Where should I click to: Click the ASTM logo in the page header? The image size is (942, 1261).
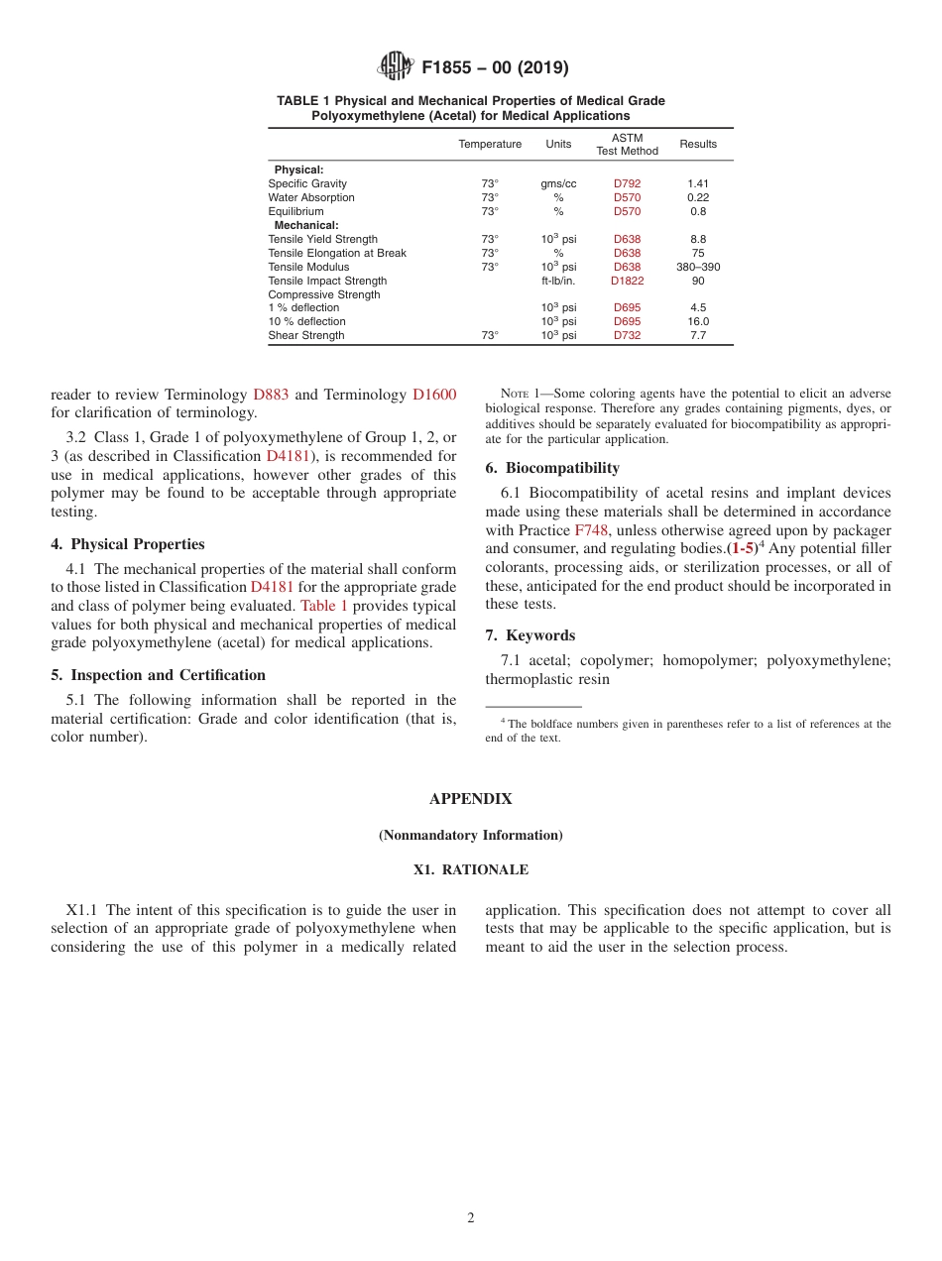click(x=397, y=67)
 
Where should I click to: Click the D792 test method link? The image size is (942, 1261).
click(x=627, y=183)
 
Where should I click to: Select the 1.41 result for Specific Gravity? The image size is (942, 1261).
click(x=697, y=183)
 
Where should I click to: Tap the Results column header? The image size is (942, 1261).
click(x=697, y=144)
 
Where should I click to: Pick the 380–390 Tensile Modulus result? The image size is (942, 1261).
click(x=697, y=267)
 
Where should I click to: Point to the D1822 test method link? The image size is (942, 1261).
click(x=627, y=281)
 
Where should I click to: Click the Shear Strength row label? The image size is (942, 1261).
click(x=306, y=335)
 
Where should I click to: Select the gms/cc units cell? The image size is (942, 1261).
click(x=558, y=183)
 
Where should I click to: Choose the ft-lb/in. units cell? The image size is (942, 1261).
click(x=558, y=281)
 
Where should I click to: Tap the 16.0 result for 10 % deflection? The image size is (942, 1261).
click(x=697, y=321)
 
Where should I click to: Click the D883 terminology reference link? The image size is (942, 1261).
click(x=271, y=395)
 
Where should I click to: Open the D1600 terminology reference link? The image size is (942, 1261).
click(x=433, y=395)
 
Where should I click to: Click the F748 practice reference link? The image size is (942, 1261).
click(x=590, y=530)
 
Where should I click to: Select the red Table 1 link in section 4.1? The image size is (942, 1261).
click(x=323, y=606)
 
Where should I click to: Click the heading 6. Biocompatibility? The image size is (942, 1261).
click(x=552, y=468)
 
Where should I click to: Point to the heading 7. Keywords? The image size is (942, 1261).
click(x=530, y=635)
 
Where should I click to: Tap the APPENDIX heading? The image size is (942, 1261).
click(x=470, y=799)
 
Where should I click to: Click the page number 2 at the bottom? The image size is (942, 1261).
click(x=471, y=1218)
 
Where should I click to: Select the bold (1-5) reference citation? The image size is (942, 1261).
click(x=741, y=548)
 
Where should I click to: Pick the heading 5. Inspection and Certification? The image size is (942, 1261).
click(x=159, y=675)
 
